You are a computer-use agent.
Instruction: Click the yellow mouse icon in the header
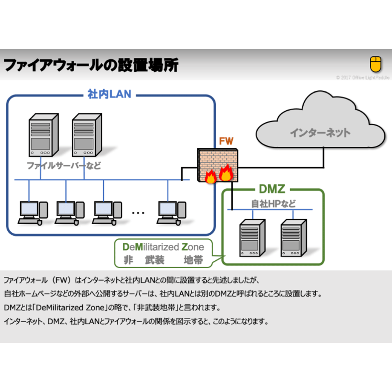coord(375,64)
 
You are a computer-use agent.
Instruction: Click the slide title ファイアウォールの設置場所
coord(91,65)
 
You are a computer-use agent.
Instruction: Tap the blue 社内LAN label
coord(109,94)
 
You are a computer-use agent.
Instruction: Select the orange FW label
coord(226,141)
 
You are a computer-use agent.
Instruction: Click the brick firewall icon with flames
coord(217,165)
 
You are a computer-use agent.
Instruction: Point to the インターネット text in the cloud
coord(320,133)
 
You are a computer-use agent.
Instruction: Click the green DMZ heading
coord(272,189)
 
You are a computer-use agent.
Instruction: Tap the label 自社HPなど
coord(273,204)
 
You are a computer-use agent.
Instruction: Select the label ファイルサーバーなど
coord(64,165)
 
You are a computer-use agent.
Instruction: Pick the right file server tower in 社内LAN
coord(87,135)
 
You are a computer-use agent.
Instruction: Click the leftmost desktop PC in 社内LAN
coord(33,213)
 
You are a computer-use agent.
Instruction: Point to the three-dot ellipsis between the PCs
coord(138,213)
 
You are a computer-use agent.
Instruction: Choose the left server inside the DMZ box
coord(252,238)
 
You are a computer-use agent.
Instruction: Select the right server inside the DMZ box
coord(294,238)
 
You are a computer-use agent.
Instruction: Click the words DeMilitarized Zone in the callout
coord(163,247)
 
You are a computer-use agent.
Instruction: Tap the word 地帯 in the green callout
coord(193,260)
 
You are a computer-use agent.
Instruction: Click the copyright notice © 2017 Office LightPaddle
coord(363,78)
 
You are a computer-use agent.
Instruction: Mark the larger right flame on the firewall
coord(226,173)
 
